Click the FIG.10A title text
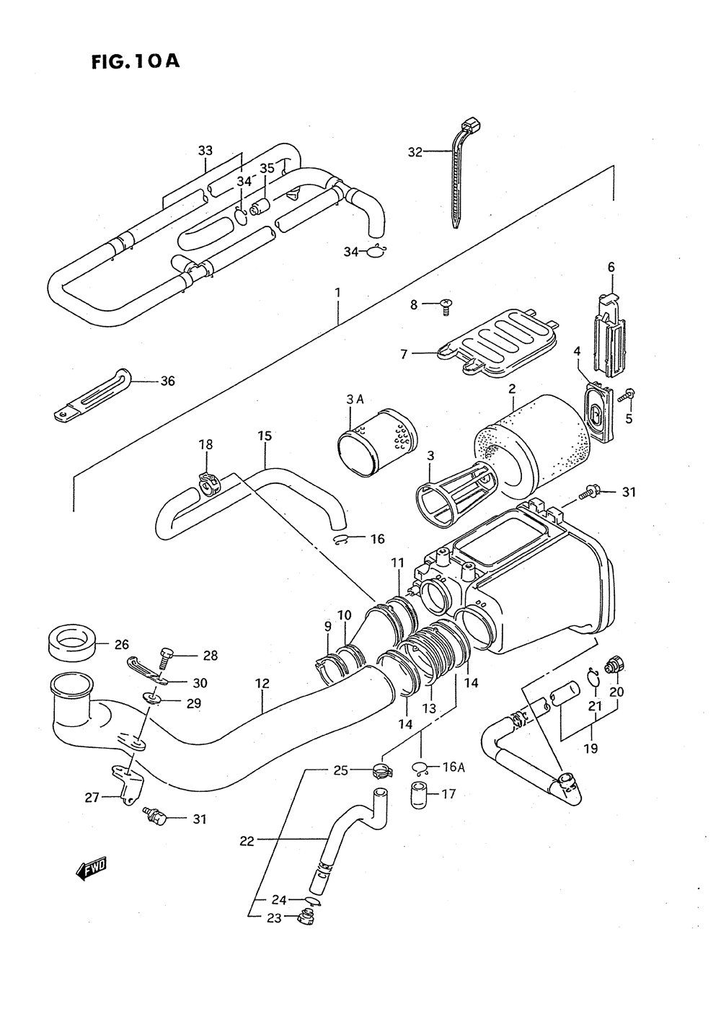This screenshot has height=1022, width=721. pyautogui.click(x=136, y=61)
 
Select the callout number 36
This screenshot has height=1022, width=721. pyautogui.click(x=168, y=381)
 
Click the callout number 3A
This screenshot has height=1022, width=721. pyautogui.click(x=354, y=400)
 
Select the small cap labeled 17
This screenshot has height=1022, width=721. pyautogui.click(x=420, y=796)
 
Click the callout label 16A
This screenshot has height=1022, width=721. pyautogui.click(x=454, y=767)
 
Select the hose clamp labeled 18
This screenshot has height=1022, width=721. pyautogui.click(x=211, y=485)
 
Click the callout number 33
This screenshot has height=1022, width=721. pyautogui.click(x=205, y=150)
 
